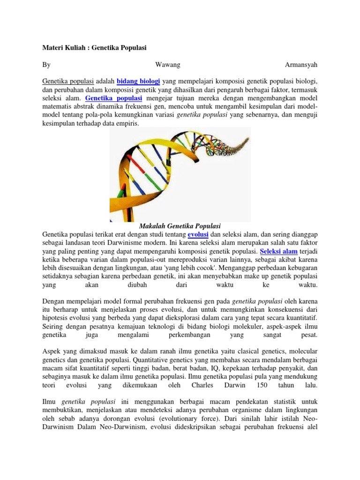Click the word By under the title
click(46, 63)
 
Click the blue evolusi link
click(198, 234)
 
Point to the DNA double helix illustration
click(180, 173)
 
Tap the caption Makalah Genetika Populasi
click(180, 226)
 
